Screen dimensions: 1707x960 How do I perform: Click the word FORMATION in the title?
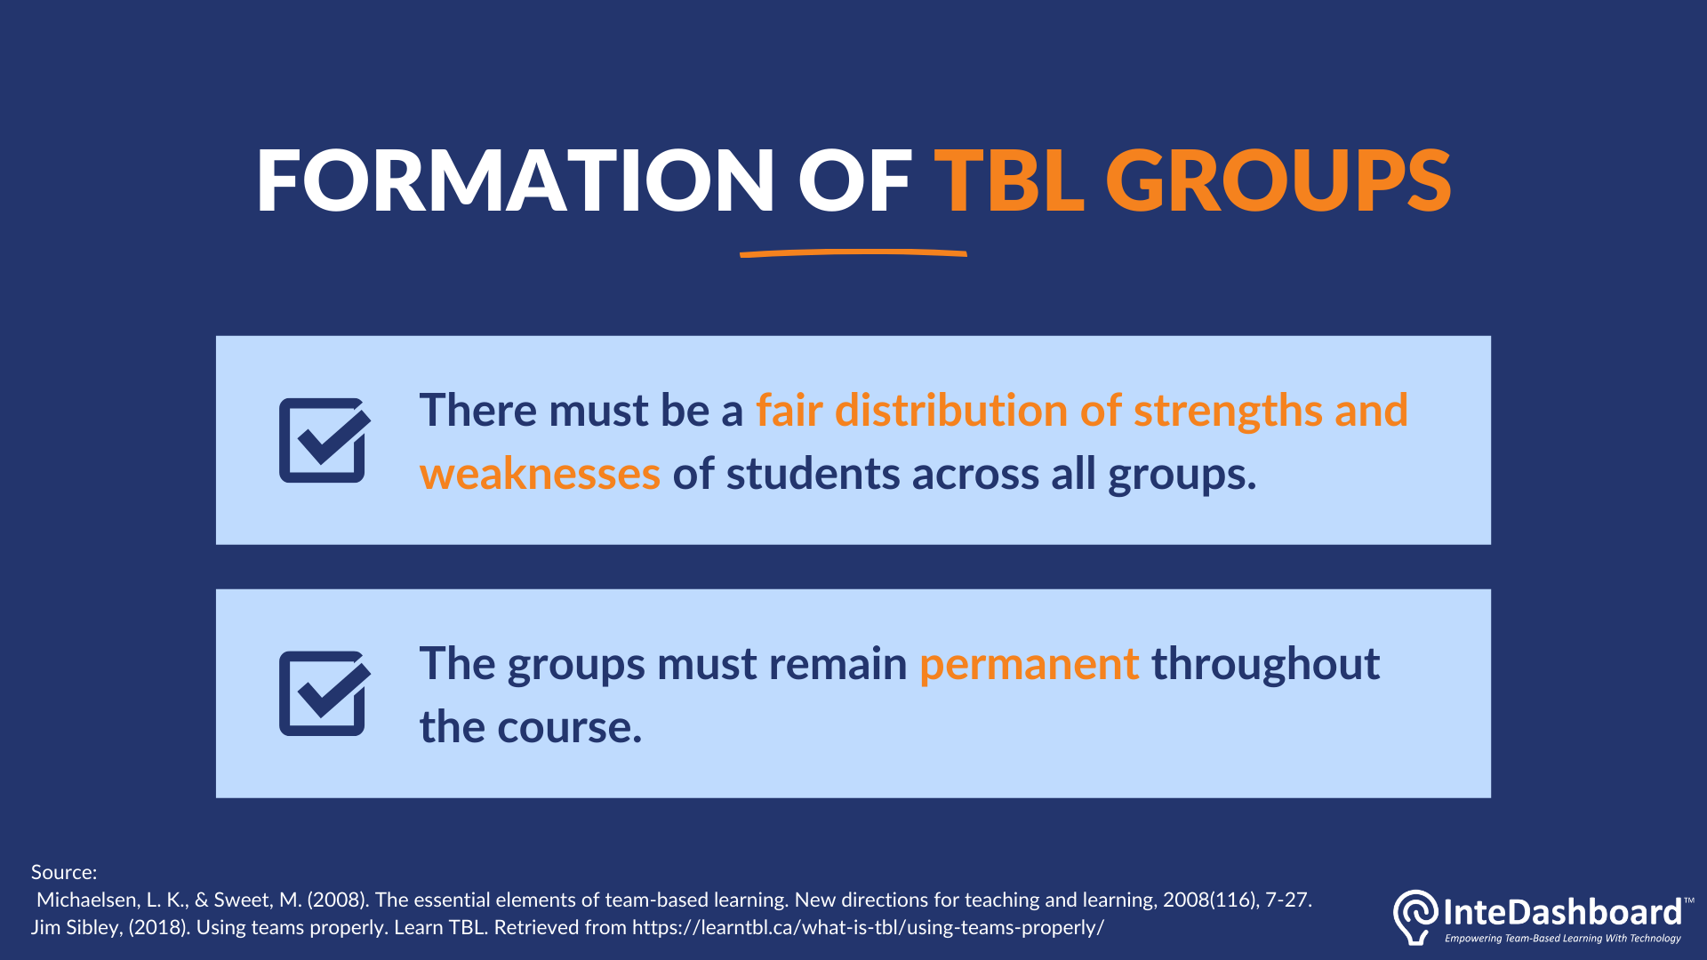516,180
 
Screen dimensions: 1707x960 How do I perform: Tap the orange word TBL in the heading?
1009,180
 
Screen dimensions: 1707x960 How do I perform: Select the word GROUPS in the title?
1278,180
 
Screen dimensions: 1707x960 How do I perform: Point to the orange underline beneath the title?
853,253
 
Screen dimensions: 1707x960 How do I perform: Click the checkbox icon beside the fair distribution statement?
325,440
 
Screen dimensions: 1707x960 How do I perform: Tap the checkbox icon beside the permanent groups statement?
325,693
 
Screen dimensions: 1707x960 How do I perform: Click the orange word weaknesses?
540,474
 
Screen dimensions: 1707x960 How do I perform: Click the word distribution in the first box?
950,411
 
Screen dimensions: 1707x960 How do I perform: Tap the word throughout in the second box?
1265,665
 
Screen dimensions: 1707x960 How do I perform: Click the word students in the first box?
813,474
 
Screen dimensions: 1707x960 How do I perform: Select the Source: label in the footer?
64,872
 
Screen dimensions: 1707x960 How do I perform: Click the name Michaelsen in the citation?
88,900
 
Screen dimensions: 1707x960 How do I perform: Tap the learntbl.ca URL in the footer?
868,928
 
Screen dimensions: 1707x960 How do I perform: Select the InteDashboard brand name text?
1562,912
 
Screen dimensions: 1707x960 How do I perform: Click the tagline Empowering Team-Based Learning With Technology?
1563,939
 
